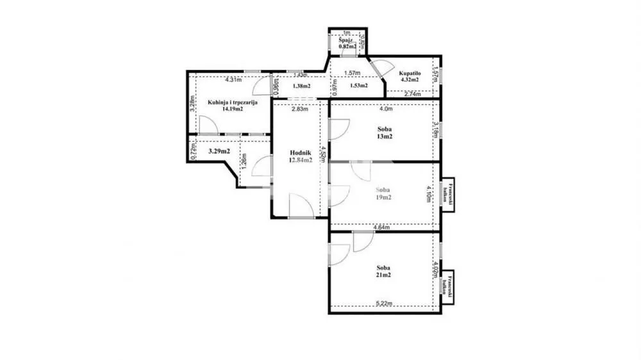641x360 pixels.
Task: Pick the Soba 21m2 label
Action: (x=383, y=272)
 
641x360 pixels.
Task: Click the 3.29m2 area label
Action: (x=219, y=152)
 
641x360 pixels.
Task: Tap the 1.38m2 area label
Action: (x=301, y=86)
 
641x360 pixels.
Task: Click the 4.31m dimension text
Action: (x=233, y=80)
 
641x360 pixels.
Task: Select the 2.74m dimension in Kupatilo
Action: (x=412, y=94)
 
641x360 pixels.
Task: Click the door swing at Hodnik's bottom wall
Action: (x=300, y=206)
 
